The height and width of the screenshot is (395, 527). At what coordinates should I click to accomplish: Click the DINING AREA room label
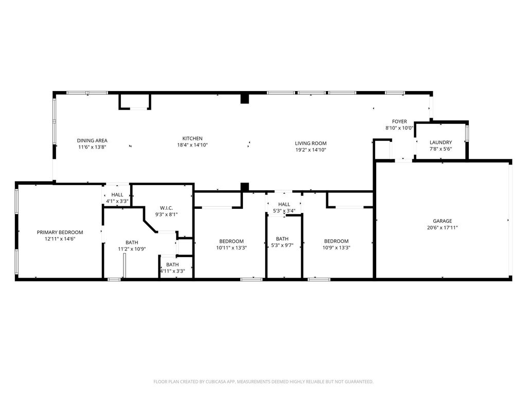(x=92, y=140)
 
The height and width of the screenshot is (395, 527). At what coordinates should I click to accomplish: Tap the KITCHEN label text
(x=192, y=138)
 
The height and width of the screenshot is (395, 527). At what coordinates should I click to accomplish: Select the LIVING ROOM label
(x=311, y=143)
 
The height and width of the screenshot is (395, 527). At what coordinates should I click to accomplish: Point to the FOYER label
(x=399, y=121)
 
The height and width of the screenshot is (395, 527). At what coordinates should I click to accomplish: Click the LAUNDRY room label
(x=441, y=142)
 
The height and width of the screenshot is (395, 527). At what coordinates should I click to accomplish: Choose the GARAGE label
(x=442, y=221)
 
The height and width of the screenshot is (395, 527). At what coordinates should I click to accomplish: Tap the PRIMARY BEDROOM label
(x=60, y=232)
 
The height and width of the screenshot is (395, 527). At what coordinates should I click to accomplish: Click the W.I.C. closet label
(x=166, y=208)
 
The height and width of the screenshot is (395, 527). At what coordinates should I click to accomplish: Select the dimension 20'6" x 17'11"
(x=442, y=228)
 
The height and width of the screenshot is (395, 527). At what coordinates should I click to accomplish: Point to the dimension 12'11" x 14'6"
(x=60, y=239)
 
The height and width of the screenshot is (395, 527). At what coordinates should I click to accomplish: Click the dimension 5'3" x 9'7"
(x=283, y=245)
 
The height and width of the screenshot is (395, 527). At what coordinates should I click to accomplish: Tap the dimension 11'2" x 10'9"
(x=132, y=249)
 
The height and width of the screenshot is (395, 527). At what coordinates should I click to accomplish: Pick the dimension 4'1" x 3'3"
(x=117, y=202)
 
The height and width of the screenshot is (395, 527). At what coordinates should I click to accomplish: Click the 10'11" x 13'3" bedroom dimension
(x=231, y=248)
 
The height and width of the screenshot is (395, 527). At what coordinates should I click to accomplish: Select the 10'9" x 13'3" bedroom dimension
(x=336, y=248)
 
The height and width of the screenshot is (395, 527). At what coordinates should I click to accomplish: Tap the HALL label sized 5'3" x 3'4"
(x=284, y=204)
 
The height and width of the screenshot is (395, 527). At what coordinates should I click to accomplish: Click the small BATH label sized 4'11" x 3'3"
(x=172, y=265)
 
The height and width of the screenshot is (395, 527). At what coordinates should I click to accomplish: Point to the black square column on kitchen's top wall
(x=244, y=99)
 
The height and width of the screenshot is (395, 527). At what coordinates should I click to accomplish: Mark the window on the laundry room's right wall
(x=467, y=133)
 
